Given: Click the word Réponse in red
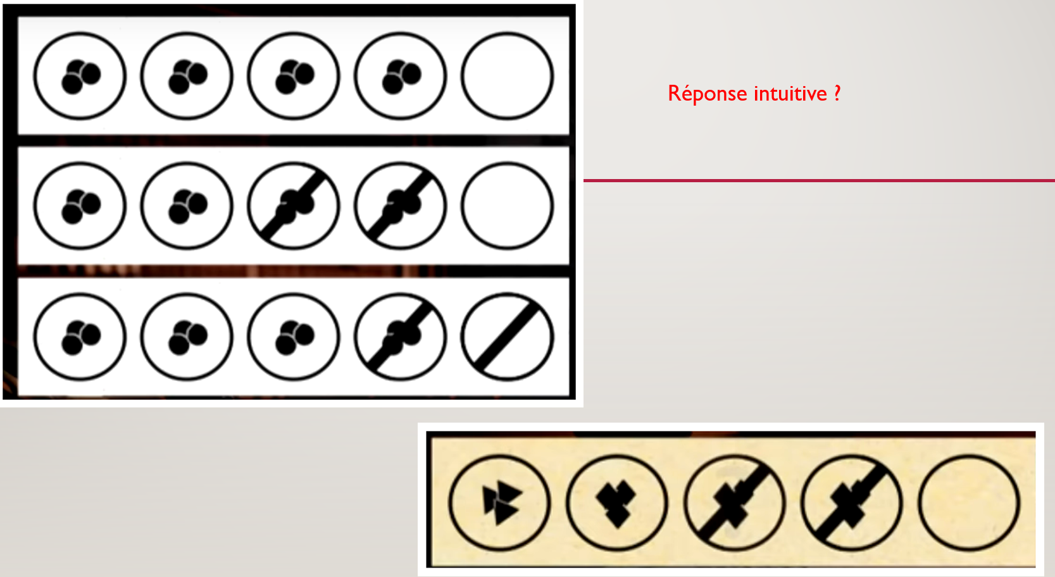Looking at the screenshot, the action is coord(708,94).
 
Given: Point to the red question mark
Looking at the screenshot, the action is coord(837,93).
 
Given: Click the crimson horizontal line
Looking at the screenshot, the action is coord(819,180).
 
